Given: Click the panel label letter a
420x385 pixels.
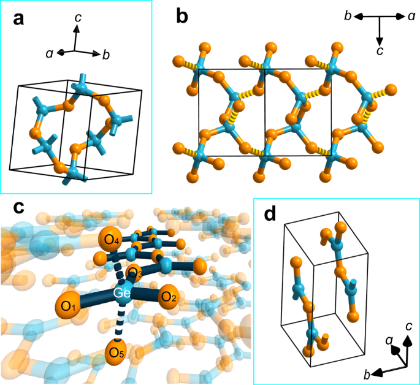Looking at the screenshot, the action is (x=19, y=19).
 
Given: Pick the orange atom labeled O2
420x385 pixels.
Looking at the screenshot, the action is (x=169, y=299).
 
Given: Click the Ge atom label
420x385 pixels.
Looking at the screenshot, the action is (x=120, y=295).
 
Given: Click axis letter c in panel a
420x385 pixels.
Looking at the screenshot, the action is (x=78, y=19).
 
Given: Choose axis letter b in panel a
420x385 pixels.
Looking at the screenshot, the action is (x=106, y=55).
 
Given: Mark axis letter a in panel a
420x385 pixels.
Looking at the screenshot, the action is (x=48, y=54).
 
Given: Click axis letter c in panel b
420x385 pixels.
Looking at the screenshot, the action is (x=380, y=50).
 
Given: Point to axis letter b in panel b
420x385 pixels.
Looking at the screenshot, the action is (x=347, y=17).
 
